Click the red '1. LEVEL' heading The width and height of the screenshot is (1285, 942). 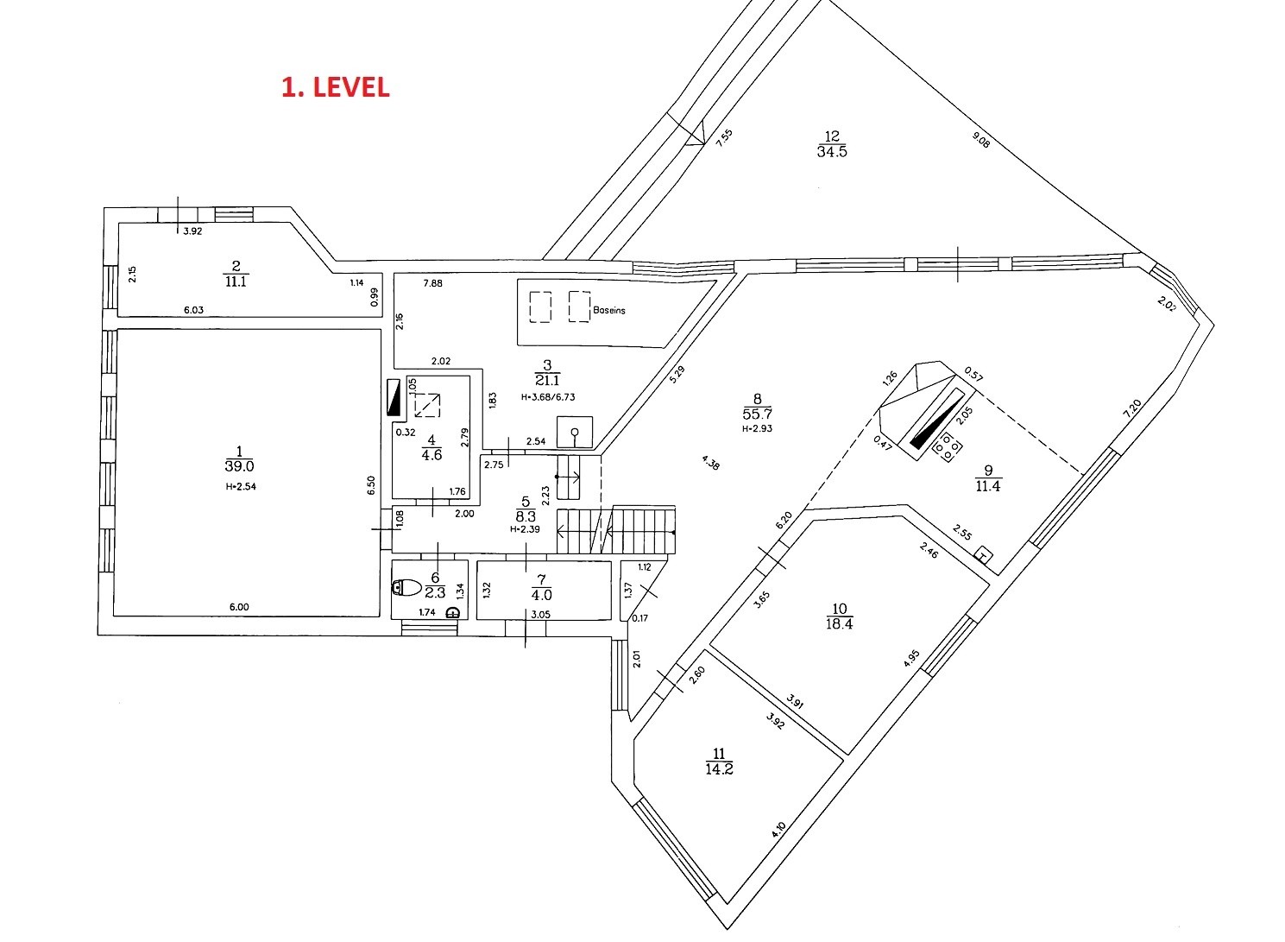336,87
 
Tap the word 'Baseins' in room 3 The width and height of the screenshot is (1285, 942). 609,310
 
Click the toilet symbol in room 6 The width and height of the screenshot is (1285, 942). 407,587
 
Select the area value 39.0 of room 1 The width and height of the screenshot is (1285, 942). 240,465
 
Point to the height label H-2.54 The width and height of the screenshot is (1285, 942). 241,487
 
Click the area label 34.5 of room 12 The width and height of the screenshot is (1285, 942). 832,152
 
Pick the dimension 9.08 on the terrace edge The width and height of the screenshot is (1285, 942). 981,140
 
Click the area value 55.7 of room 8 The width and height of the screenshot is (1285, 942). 757,414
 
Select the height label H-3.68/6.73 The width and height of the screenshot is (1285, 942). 548,396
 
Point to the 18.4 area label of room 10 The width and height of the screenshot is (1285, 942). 840,623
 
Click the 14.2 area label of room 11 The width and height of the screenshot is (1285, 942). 720,768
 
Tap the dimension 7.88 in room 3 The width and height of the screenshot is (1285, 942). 432,283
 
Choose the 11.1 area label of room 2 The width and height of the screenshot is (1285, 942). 236,281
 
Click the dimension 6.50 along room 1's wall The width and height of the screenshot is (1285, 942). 371,485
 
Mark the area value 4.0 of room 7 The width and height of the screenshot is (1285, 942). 542,595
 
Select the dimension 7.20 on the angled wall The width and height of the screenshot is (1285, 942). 1132,408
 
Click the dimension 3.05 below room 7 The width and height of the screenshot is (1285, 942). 540,615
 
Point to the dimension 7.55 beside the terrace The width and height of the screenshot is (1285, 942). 725,138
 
